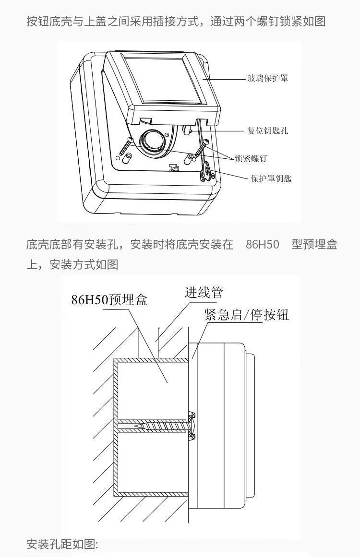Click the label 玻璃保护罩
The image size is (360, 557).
[x=268, y=78]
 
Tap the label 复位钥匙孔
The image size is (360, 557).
[x=267, y=130]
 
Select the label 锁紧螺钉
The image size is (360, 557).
[x=251, y=158]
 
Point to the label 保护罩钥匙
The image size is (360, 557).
[x=271, y=179]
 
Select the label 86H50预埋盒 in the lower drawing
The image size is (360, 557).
[x=109, y=300]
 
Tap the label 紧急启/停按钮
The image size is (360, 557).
[x=246, y=315]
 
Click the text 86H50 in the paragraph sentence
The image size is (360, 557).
[x=262, y=244]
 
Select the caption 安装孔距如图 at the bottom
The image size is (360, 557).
[x=62, y=545]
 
